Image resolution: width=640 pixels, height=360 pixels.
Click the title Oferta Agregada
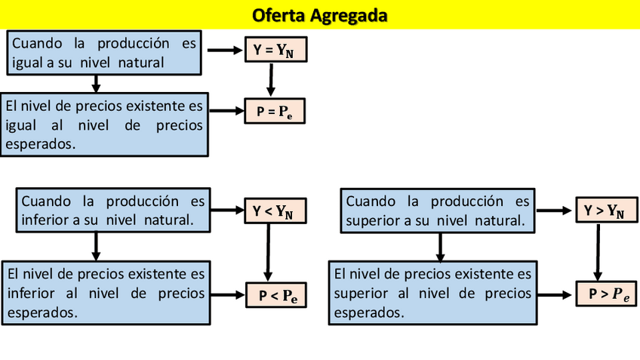(x=320, y=15)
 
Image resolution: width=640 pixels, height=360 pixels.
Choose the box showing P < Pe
(x=277, y=296)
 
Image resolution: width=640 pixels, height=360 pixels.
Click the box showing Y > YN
(x=604, y=211)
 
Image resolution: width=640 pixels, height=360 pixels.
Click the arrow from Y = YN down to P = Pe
(x=271, y=79)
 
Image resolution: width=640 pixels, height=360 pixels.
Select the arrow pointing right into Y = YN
(x=223, y=51)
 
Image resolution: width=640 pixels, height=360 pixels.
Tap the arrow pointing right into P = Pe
(x=226, y=112)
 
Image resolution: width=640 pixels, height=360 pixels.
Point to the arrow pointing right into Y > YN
(x=555, y=211)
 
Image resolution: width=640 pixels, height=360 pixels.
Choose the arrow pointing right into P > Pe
(x=557, y=294)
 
